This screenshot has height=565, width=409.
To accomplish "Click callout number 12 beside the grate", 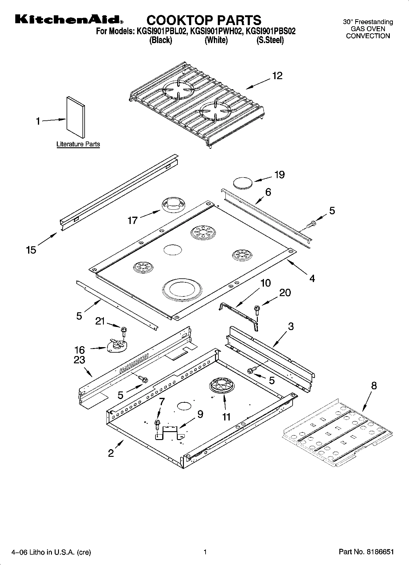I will click(277, 75).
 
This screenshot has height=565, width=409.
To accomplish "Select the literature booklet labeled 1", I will click(75, 117).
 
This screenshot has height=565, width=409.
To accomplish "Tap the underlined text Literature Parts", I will click(78, 144).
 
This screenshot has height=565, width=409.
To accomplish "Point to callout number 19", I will click(279, 174).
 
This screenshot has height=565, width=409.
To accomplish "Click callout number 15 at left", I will click(31, 250).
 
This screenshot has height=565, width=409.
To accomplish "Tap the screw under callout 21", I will click(124, 331).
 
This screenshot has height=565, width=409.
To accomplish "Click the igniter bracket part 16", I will click(117, 346).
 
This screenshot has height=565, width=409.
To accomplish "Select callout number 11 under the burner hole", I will click(226, 416).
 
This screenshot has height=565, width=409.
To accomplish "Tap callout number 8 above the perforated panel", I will click(374, 386).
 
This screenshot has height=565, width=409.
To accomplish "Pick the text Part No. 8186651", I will click(366, 552).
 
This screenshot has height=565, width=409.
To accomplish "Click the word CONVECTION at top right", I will click(368, 36).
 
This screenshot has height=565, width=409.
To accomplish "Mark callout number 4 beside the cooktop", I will click(312, 278).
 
